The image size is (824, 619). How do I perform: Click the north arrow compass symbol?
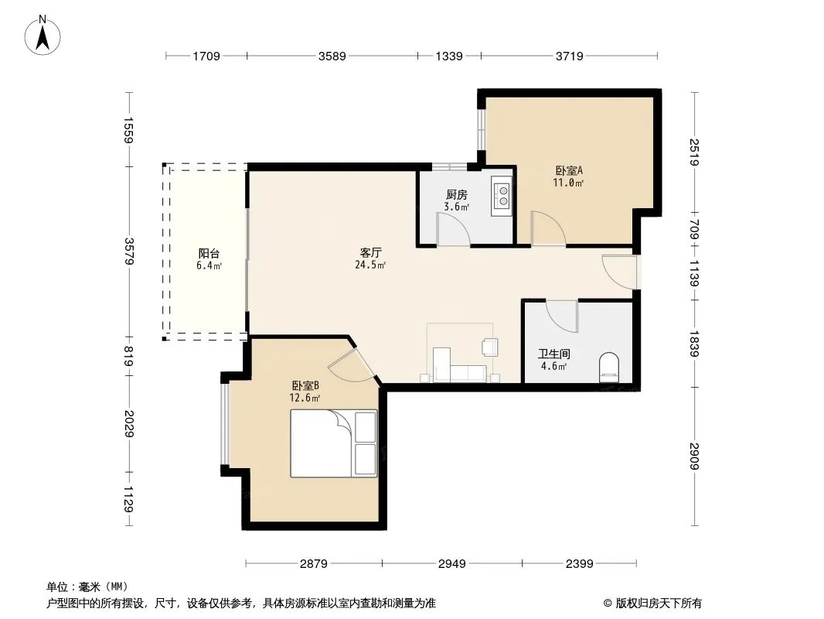[x=43, y=36]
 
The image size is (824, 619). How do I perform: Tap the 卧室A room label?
[x=569, y=170]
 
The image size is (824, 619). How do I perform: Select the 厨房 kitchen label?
[x=456, y=194]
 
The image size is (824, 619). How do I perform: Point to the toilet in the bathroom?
[x=609, y=367]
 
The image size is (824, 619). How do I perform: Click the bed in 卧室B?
[x=334, y=443]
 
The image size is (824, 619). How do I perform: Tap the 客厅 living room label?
[x=370, y=252]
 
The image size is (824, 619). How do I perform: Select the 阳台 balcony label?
[x=209, y=254]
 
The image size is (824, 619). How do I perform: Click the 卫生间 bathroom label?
[x=554, y=354]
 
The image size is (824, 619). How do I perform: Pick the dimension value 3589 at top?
[x=332, y=56]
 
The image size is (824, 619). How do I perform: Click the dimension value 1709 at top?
[x=206, y=56]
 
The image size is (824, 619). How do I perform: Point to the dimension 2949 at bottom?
[x=452, y=564]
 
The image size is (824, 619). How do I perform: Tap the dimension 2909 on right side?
[x=694, y=457]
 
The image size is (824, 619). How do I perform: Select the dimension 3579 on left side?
[x=129, y=251]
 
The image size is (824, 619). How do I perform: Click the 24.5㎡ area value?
[x=370, y=265]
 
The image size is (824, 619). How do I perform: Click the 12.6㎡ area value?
[x=305, y=398]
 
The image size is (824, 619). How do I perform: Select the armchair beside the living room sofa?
[x=490, y=347]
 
